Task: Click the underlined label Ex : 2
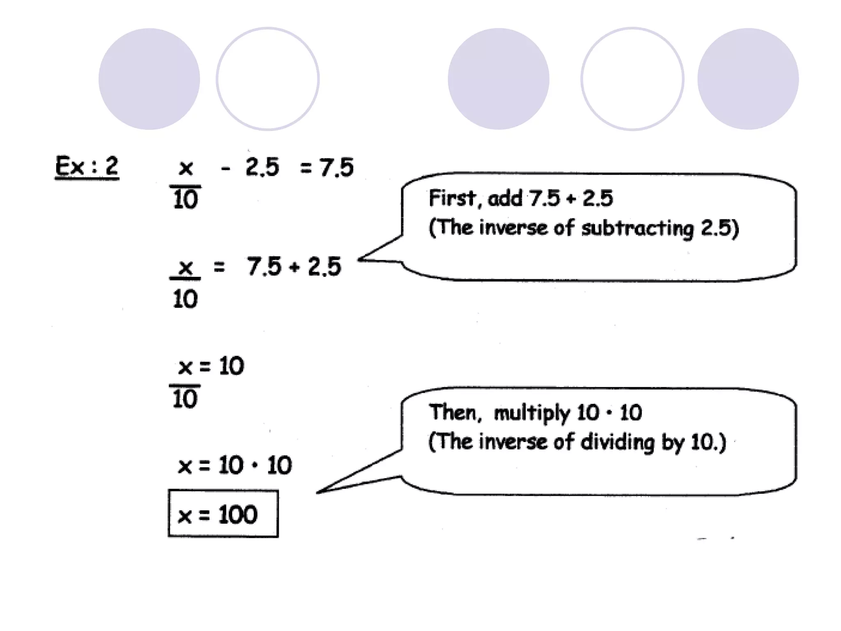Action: tap(87, 167)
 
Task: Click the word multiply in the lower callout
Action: tap(532, 413)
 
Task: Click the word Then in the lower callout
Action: tap(454, 412)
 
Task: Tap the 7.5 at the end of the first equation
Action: tap(336, 168)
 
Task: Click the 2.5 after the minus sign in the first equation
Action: tap(262, 167)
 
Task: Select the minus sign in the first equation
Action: tap(225, 168)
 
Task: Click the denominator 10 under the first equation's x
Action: tap(185, 200)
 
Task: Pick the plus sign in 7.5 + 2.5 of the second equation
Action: tap(294, 267)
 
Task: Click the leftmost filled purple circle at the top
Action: tap(149, 79)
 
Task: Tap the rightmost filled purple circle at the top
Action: tap(748, 79)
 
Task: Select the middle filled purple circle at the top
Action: tap(498, 79)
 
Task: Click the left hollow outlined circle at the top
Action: tap(268, 79)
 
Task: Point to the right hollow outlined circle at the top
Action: tap(632, 79)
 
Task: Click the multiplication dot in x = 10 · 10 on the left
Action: tap(255, 465)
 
